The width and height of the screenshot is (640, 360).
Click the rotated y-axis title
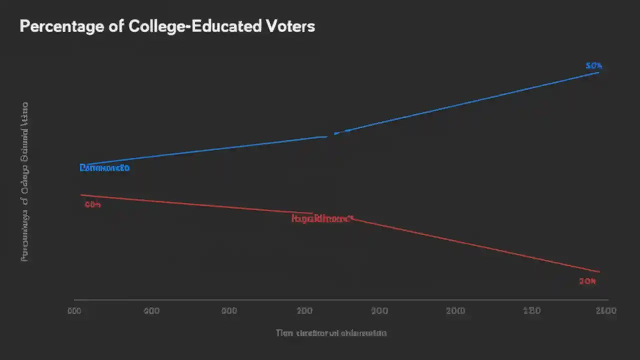click(x=24, y=182)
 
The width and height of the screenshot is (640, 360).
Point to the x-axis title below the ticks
click(x=331, y=332)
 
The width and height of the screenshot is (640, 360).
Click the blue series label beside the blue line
click(x=104, y=168)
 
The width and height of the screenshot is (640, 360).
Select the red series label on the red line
click(x=322, y=218)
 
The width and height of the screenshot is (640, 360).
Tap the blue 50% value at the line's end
click(x=594, y=66)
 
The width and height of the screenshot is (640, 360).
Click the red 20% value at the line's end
click(x=587, y=281)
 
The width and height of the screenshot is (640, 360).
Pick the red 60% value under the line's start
click(x=92, y=204)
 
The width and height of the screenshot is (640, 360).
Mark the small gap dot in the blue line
click(x=335, y=133)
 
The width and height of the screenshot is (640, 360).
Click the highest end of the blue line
click(x=598, y=72)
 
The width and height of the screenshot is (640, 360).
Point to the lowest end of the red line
click(x=599, y=272)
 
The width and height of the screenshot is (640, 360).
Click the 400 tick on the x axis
click(x=151, y=311)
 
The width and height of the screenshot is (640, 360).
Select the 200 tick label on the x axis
click(x=304, y=311)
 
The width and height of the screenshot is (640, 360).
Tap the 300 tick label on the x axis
click(x=380, y=311)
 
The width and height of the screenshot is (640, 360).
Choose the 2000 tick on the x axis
click(x=455, y=311)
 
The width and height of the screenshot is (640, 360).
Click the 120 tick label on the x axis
click(x=531, y=311)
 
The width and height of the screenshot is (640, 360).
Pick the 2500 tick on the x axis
click(x=605, y=311)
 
